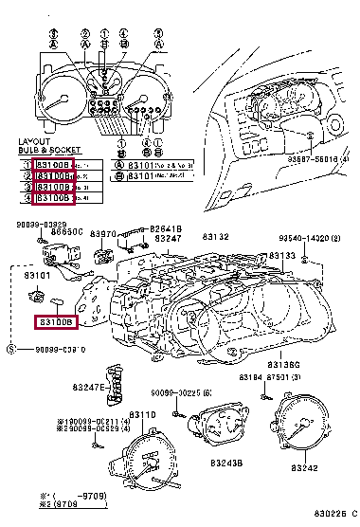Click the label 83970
pyautogui.click(x=102, y=233)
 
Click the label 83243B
pyautogui.click(x=227, y=463)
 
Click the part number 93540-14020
pyautogui.click(x=309, y=240)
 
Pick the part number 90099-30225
pyautogui.click(x=180, y=392)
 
